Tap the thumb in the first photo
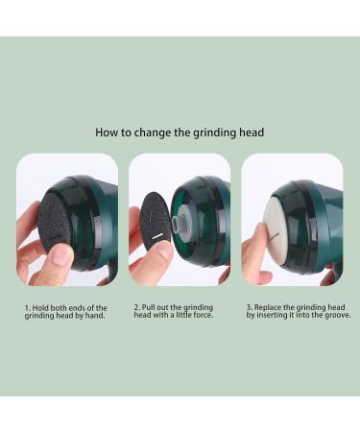(60, 255)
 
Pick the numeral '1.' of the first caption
(28, 307)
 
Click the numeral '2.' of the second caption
(137, 307)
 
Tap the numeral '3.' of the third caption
(250, 307)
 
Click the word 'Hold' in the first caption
(41, 307)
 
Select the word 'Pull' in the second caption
(151, 307)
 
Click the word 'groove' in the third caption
(336, 315)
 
